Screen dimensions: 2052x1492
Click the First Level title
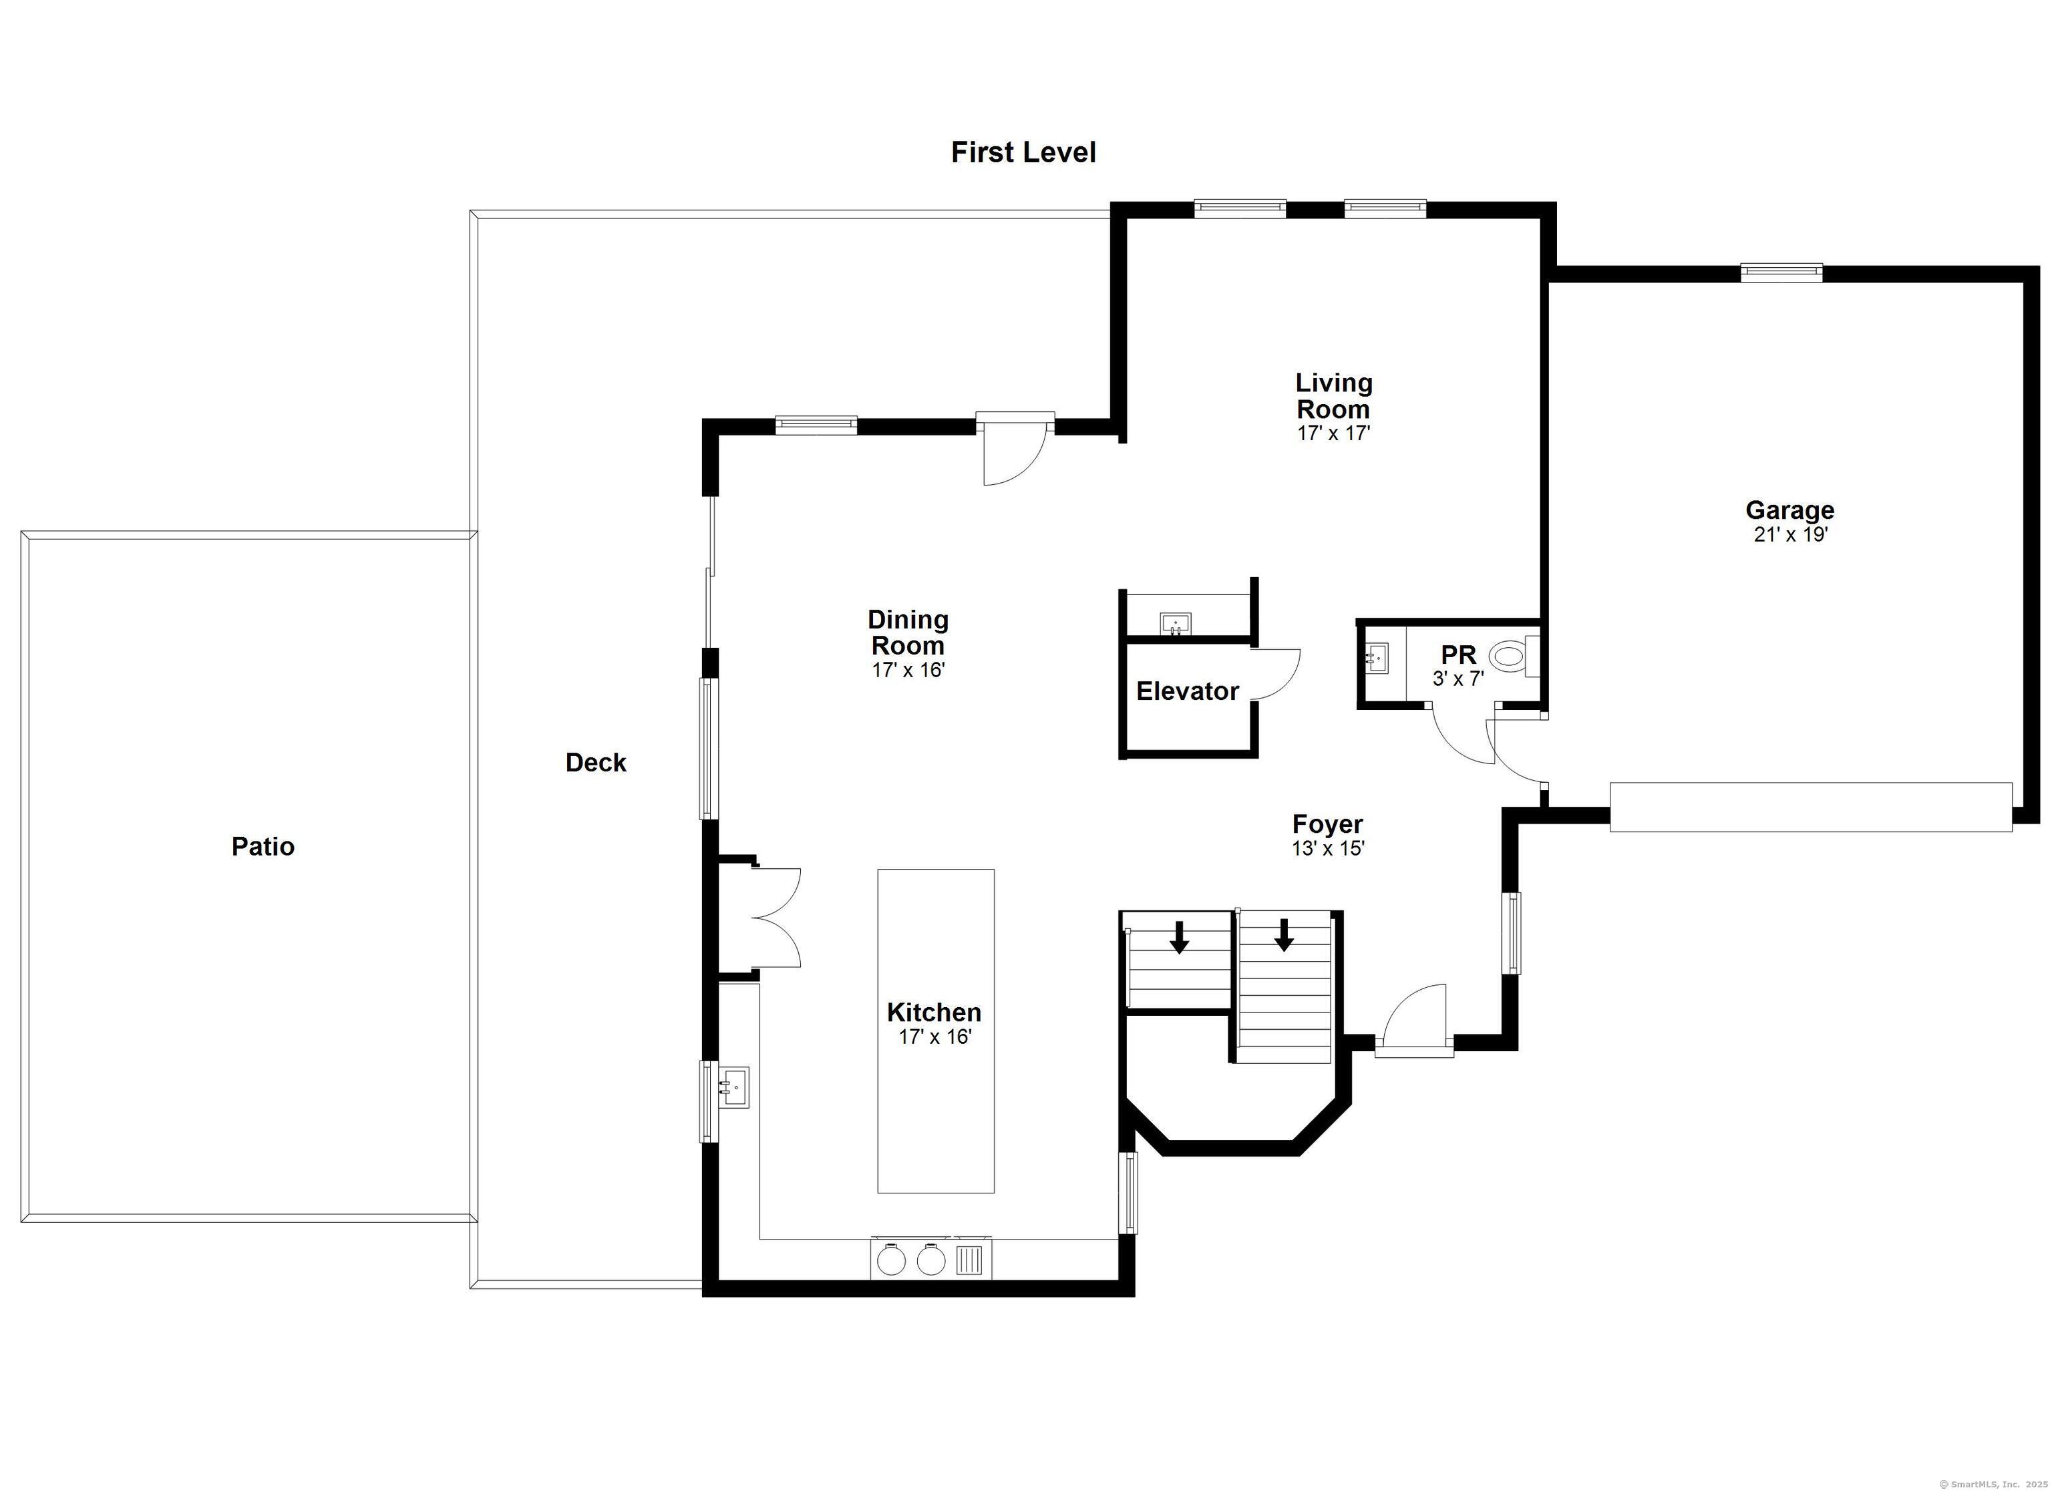(x=1023, y=152)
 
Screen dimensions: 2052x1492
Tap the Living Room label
(x=1334, y=396)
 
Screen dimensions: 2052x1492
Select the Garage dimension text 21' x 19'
(x=1791, y=535)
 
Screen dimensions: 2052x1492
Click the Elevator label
(x=1187, y=691)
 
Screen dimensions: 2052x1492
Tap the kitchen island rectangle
(x=936, y=1031)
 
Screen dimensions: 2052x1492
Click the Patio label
(x=263, y=846)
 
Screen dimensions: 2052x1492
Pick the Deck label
(x=595, y=763)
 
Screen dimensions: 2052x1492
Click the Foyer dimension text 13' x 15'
(x=1327, y=849)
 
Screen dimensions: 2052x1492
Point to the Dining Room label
(x=908, y=632)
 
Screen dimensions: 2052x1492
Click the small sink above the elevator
(x=1175, y=623)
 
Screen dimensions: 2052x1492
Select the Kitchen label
(x=934, y=1012)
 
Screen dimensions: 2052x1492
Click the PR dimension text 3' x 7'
(x=1458, y=679)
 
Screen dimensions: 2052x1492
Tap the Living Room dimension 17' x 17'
(x=1334, y=433)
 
